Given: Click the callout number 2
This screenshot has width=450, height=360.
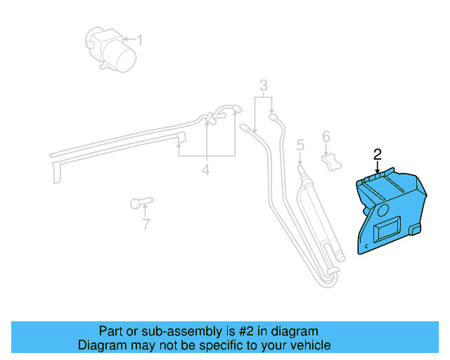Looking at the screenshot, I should point(378,153).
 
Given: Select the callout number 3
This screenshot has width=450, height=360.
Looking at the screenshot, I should point(264,86).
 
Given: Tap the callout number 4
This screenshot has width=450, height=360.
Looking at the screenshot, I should point(206,169).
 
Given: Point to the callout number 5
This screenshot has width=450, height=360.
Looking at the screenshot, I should point(300,146).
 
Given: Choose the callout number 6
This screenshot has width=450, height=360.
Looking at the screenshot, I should point(326,136).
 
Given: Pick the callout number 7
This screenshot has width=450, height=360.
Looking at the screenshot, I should point(146,225).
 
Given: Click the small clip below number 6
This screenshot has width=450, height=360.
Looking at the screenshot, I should point(330,162).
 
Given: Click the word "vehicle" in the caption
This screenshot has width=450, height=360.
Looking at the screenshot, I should point(307,345).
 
